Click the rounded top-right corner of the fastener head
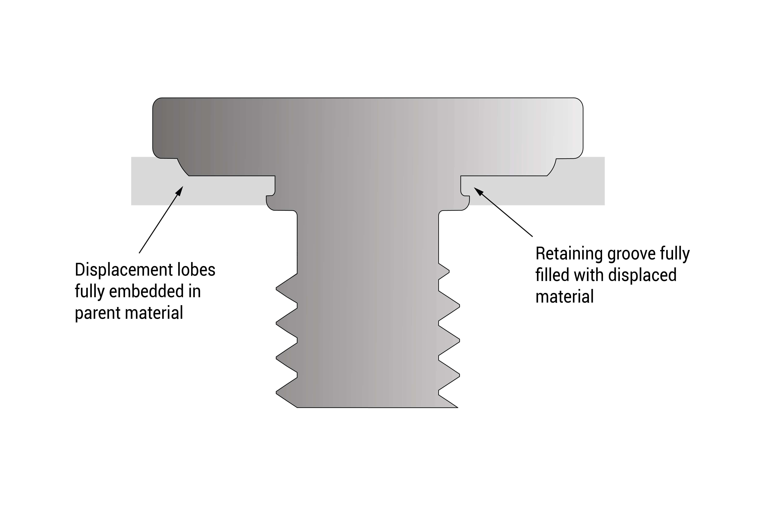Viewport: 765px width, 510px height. [x=578, y=102]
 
